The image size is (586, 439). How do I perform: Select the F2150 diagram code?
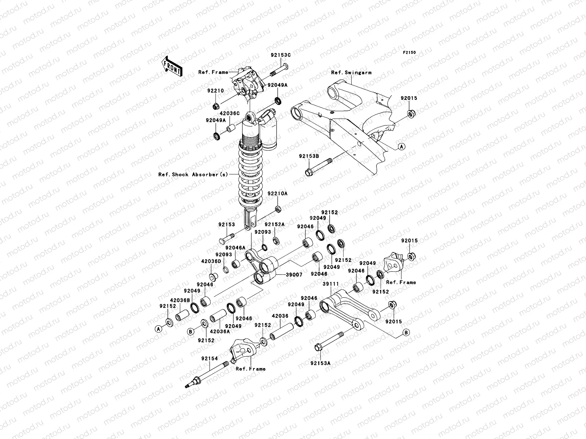click(409, 53)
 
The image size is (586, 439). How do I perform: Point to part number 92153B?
click(309, 156)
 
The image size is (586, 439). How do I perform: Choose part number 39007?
click(294, 274)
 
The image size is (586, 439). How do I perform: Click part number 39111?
click(330, 284)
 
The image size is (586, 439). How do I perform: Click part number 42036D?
click(211, 262)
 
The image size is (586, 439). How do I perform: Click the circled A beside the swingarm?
click(401, 147)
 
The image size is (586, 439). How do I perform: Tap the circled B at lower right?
click(406, 332)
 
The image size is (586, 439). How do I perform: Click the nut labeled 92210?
click(216, 106)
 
